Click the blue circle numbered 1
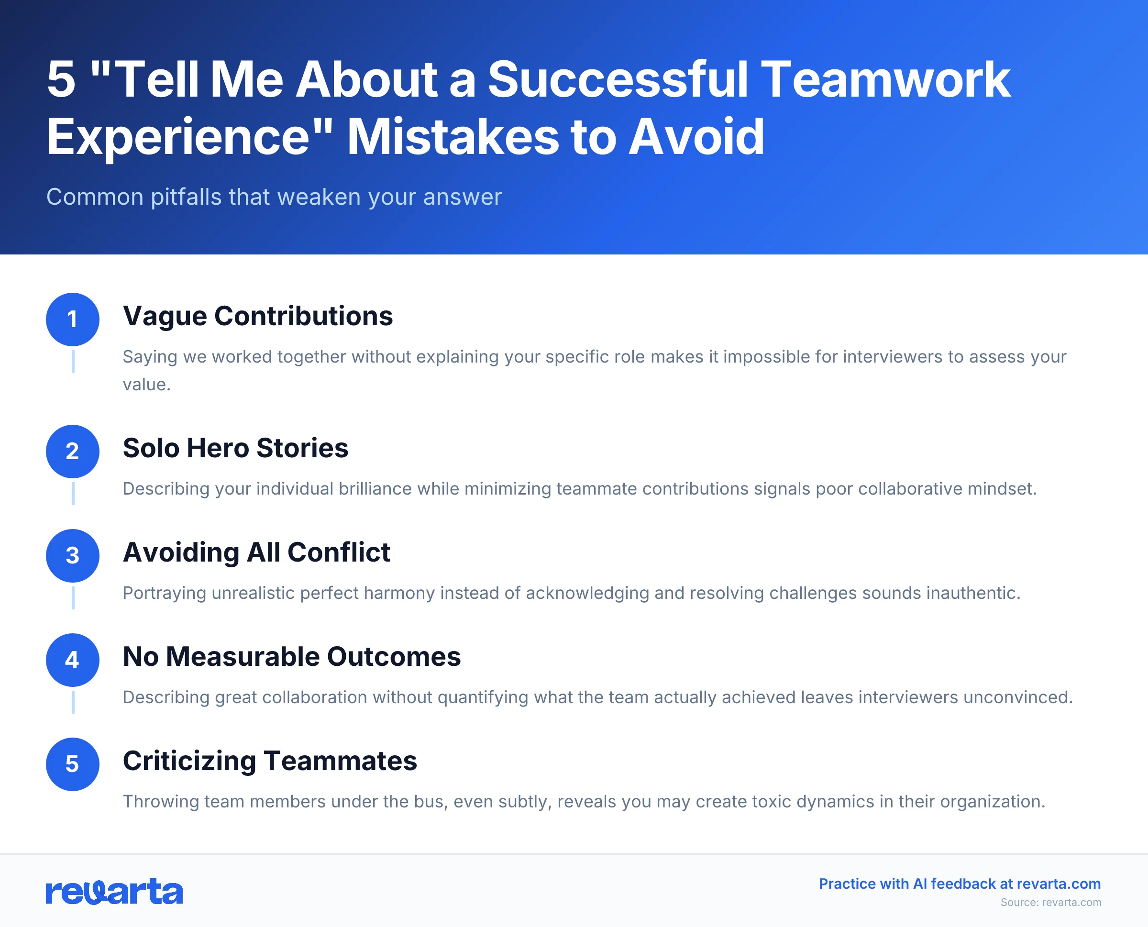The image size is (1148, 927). [73, 320]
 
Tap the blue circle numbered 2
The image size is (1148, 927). [73, 451]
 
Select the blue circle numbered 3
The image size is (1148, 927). [73, 555]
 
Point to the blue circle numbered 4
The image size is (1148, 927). [73, 660]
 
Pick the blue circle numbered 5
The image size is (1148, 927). [73, 764]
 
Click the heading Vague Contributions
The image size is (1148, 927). [257, 316]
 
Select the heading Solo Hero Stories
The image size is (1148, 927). [235, 448]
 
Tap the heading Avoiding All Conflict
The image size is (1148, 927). [256, 552]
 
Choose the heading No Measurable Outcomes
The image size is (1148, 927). [291, 656]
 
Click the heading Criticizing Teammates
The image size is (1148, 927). [270, 761]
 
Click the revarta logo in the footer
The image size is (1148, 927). [114, 892]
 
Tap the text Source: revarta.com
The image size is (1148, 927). [1050, 903]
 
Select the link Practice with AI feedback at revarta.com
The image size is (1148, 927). [960, 884]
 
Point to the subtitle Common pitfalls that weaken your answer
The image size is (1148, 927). [274, 197]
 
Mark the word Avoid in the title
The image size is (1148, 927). [696, 137]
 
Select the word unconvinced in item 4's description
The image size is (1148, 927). [1018, 697]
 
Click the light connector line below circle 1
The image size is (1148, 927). [73, 362]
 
